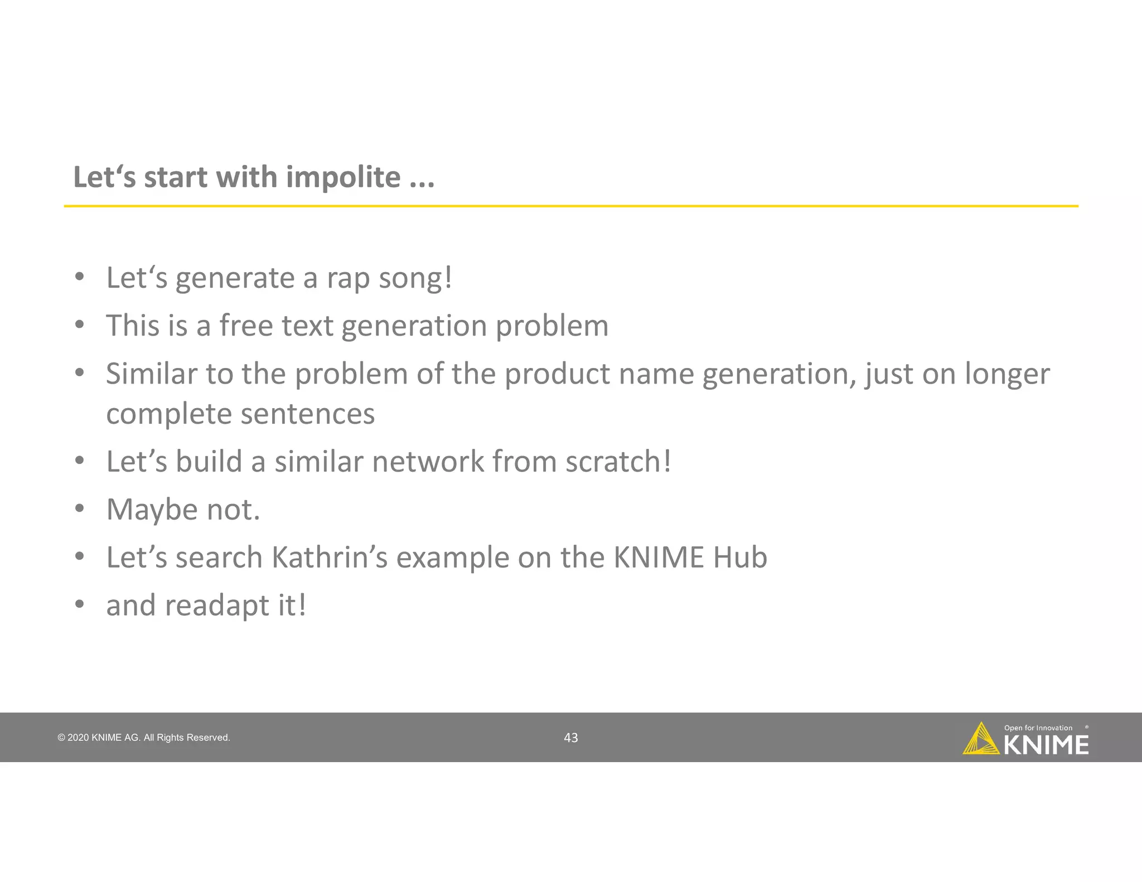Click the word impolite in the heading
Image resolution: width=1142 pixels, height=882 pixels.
[343, 177]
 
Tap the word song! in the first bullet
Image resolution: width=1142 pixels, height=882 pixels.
[415, 278]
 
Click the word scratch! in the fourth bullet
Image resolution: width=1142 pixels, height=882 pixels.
[618, 462]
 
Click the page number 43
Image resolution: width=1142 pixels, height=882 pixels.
[570, 738]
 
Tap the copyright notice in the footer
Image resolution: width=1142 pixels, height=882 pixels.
[143, 738]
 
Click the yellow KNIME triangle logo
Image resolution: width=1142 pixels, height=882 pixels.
[980, 740]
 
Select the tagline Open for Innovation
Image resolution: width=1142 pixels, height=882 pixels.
[1038, 728]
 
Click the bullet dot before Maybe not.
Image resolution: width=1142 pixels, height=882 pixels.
[80, 508]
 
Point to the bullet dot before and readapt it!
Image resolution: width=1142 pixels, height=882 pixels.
[80, 604]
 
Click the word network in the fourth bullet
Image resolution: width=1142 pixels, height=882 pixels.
[428, 462]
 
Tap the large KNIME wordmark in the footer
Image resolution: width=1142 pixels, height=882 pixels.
[1046, 745]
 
